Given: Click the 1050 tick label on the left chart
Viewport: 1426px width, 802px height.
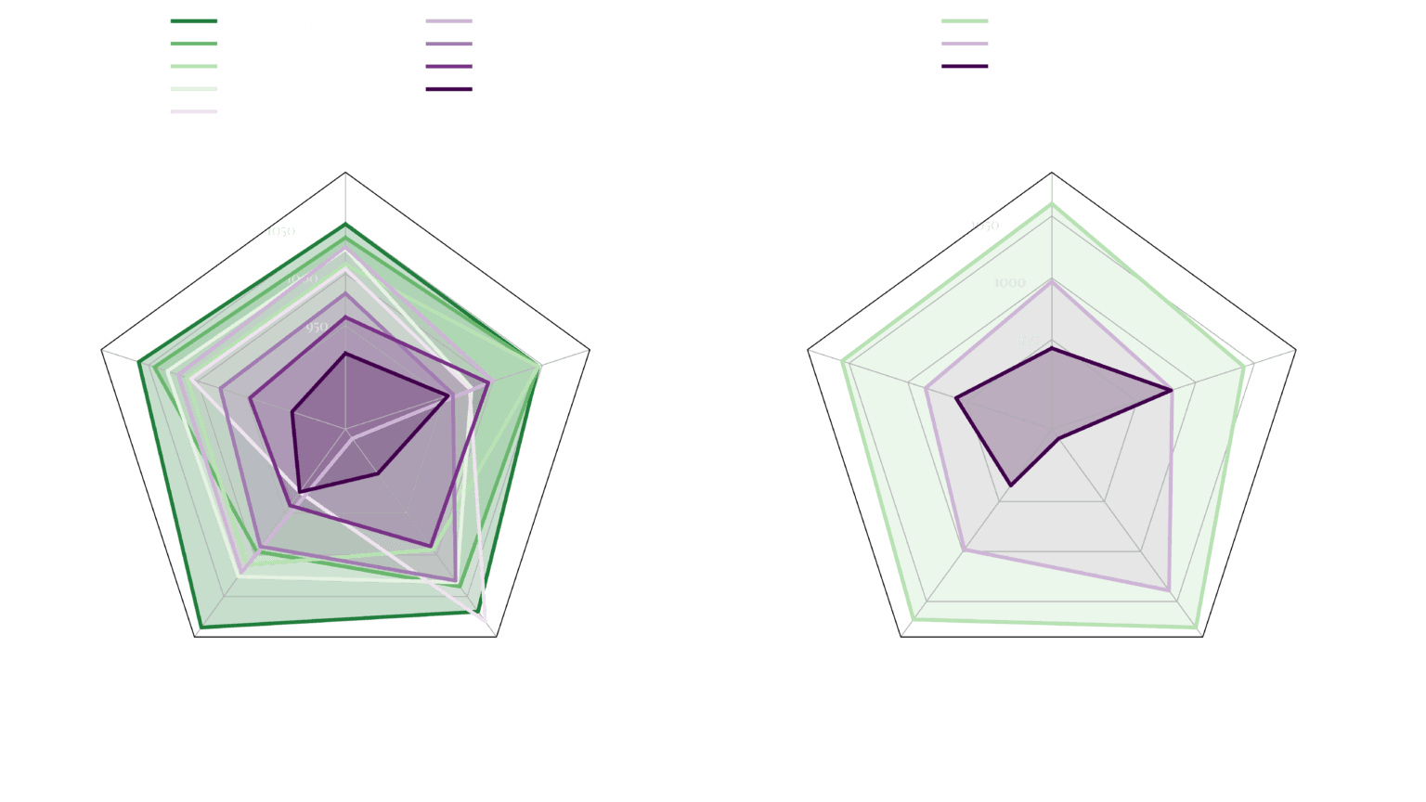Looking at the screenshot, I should pos(280,231).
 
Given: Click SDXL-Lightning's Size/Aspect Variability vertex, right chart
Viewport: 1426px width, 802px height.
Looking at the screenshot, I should pos(1171,391).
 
